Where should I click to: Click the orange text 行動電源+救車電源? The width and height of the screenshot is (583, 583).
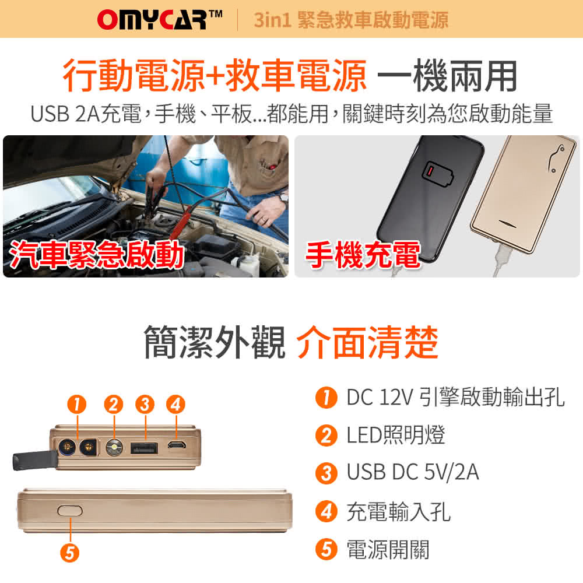click(215, 76)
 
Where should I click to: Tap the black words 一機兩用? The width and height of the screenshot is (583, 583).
click(447, 76)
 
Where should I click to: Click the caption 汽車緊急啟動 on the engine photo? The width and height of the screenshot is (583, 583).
click(97, 255)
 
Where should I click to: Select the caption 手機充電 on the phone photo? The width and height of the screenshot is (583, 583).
click(363, 255)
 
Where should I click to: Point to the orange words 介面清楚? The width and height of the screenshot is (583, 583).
click(367, 343)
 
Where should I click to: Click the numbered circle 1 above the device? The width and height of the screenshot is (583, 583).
click(76, 403)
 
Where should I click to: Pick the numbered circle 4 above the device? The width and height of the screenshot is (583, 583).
click(175, 403)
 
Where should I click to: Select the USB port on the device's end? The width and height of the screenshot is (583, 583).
click(145, 448)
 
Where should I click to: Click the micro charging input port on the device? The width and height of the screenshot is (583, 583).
click(176, 447)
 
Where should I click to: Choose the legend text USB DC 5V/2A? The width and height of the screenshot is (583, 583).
click(413, 472)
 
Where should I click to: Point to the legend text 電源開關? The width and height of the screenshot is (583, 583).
click(388, 549)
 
